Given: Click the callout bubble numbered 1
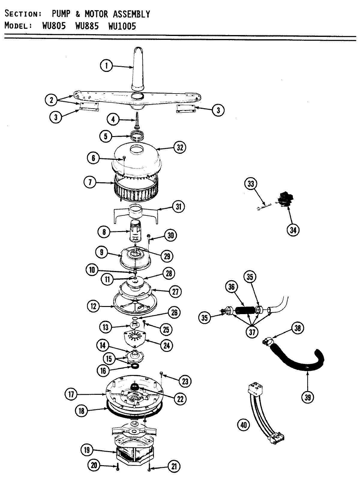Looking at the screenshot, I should [106, 65].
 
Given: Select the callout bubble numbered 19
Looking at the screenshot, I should [87, 450].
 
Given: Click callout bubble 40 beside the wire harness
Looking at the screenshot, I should [244, 425].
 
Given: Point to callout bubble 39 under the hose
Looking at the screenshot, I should [308, 397].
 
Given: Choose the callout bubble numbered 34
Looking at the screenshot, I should [293, 230].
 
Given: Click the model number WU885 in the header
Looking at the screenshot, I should [87, 26].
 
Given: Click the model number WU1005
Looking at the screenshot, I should [122, 26].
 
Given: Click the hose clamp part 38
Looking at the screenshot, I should [268, 341].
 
